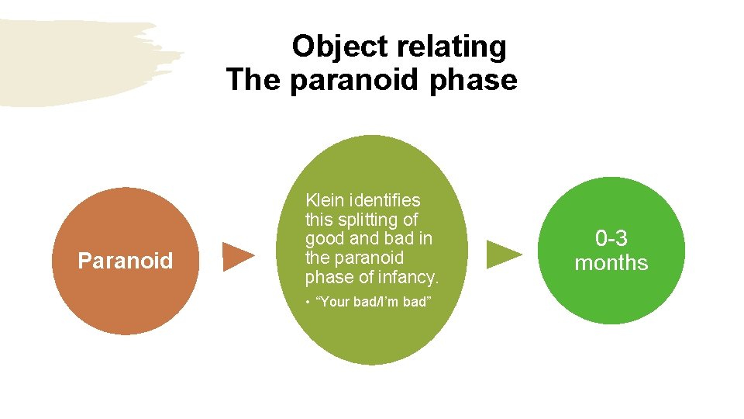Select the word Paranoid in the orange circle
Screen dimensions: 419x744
coord(126,261)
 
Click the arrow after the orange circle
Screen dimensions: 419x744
coord(239,256)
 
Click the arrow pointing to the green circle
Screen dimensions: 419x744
coord(504,255)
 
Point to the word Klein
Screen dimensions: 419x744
coord(325,200)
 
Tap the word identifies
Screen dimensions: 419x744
coord(384,200)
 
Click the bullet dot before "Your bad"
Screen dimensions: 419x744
coord(308,302)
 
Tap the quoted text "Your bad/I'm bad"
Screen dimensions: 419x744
coord(372,302)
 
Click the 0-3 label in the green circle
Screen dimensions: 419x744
coord(611,238)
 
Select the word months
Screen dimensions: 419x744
coord(611,262)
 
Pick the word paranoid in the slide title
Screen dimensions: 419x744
coord(346,80)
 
